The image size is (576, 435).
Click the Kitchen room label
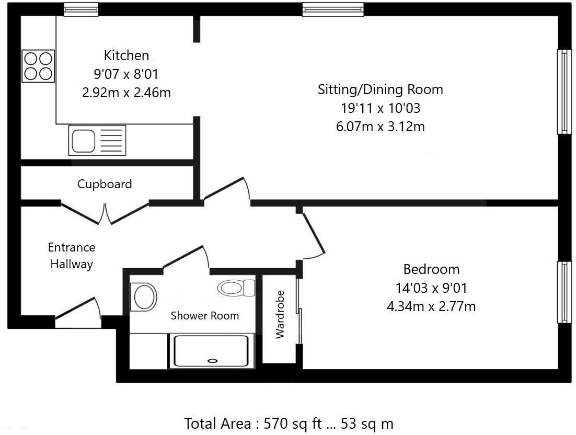point(126,55)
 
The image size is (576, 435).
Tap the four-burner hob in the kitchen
point(38,66)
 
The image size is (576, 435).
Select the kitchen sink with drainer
point(97,140)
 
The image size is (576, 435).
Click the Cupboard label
point(105,184)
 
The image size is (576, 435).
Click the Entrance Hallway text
point(72,256)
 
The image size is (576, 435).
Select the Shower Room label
point(205,316)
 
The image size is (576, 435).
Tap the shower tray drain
point(212,360)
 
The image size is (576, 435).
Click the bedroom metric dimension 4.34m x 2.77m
point(431,306)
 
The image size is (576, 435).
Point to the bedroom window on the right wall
point(564,292)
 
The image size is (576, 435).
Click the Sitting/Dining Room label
point(380,89)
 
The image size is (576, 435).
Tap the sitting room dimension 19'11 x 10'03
point(380,108)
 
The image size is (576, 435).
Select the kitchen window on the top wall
point(82,9)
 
